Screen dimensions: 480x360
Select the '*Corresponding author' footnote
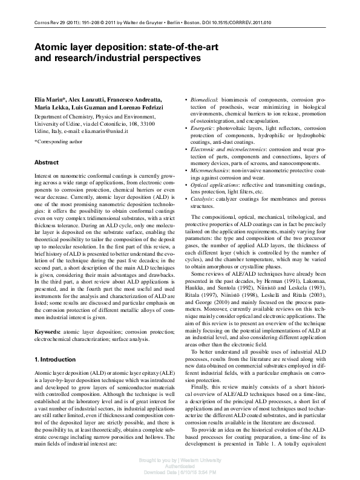click(59, 142)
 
